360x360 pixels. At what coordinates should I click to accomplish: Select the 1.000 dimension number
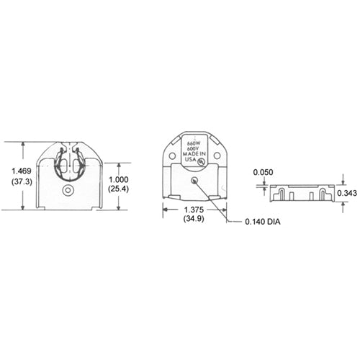118,179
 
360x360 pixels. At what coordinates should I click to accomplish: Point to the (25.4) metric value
118,189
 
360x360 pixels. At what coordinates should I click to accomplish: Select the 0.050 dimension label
264,172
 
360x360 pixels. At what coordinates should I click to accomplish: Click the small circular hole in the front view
68,191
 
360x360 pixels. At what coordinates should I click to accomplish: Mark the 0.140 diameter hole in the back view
195,181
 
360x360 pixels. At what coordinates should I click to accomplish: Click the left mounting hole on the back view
173,154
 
